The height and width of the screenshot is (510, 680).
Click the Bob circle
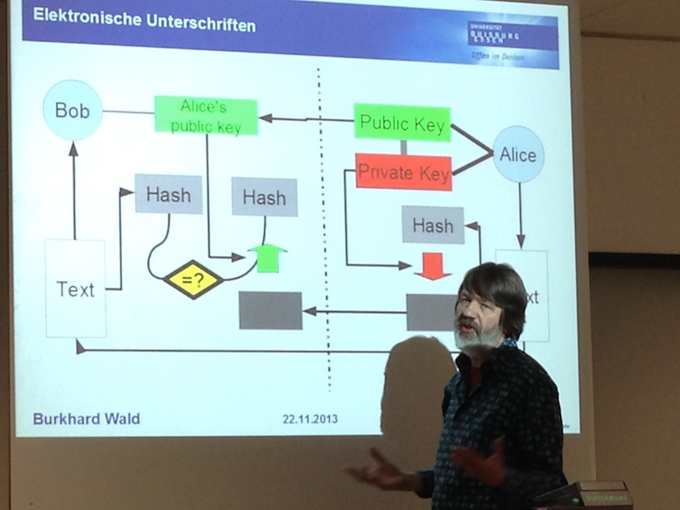coord(72,110)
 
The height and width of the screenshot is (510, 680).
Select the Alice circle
coord(518,155)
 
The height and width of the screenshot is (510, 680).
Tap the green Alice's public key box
coord(206,116)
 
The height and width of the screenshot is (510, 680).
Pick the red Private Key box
coord(403,173)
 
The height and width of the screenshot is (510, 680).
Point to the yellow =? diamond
coord(193,279)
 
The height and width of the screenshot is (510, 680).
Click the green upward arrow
coord(267,257)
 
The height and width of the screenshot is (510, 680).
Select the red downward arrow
coord(432,265)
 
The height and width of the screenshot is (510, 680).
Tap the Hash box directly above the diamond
coord(168,194)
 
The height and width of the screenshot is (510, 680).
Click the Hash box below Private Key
coord(433,225)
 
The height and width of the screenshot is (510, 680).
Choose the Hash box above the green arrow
coord(264,197)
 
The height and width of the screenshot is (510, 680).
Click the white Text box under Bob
coord(76,288)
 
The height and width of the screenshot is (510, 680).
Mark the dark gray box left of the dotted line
coord(270,310)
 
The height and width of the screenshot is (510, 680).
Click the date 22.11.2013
coord(309,419)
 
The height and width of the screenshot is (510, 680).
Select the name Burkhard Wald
coord(87,419)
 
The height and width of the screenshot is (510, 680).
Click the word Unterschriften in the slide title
coord(198,25)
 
